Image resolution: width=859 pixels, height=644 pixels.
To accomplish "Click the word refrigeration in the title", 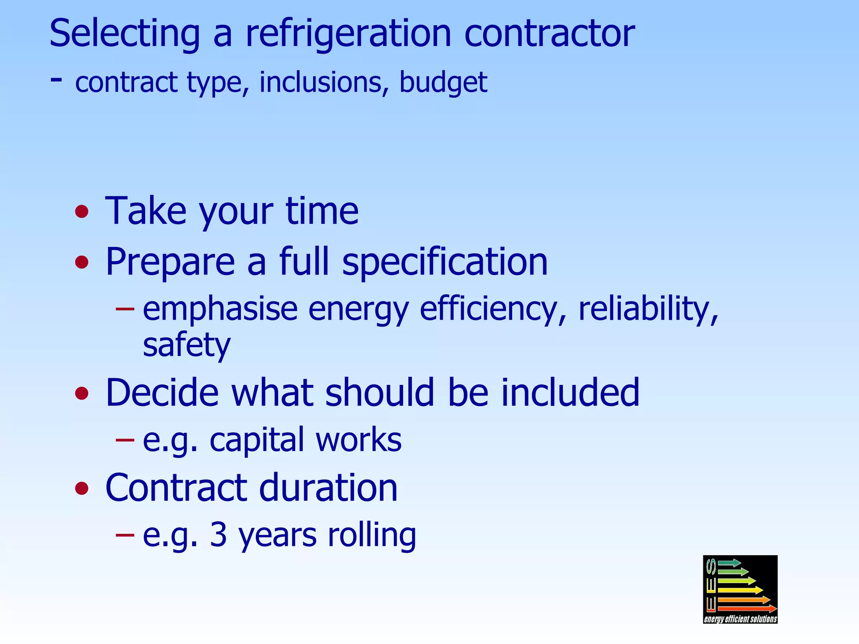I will point(348,34).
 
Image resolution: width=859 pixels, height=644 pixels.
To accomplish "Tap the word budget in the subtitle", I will point(443,82).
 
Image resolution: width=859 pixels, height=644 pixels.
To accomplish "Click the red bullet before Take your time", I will point(82,211).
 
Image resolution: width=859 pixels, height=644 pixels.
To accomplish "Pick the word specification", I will point(445,262).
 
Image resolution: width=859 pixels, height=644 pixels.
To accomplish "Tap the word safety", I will point(186,345).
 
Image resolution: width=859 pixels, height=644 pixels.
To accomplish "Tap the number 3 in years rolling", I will point(218,535).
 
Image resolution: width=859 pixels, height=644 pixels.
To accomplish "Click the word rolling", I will point(372,535).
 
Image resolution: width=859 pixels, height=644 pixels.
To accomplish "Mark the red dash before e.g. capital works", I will point(125,440).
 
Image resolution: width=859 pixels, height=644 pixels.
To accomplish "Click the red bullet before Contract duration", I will point(82,488).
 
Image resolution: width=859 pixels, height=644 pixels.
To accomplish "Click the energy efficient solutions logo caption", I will point(740,619).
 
